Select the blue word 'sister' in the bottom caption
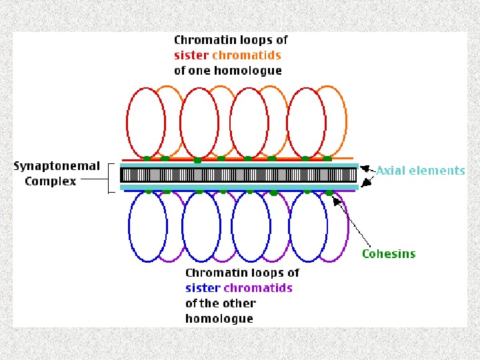(x=203, y=288)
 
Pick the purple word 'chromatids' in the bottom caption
(x=258, y=288)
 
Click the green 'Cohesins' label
(x=389, y=253)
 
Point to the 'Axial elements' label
(x=420, y=171)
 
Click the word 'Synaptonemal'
(x=57, y=167)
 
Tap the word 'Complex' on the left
(x=50, y=181)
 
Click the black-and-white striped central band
(x=240, y=175)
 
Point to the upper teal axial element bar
(x=240, y=165)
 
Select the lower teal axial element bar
(x=240, y=187)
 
